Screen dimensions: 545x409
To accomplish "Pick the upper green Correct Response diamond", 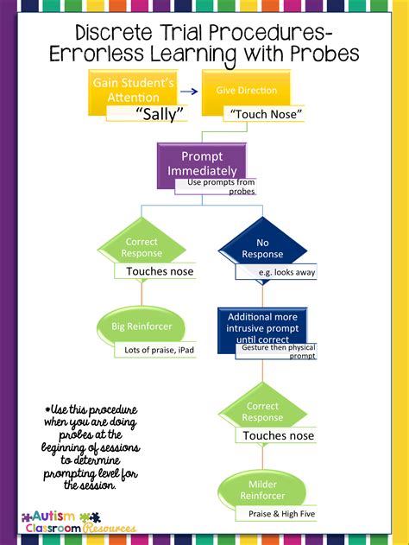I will point(142,247).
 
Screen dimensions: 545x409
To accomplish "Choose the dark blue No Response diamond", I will point(262,249).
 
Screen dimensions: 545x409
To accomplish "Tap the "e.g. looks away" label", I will point(276,272).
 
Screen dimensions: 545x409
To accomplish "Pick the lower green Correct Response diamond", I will point(262,411).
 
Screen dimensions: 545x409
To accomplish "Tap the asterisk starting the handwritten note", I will point(47,408).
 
